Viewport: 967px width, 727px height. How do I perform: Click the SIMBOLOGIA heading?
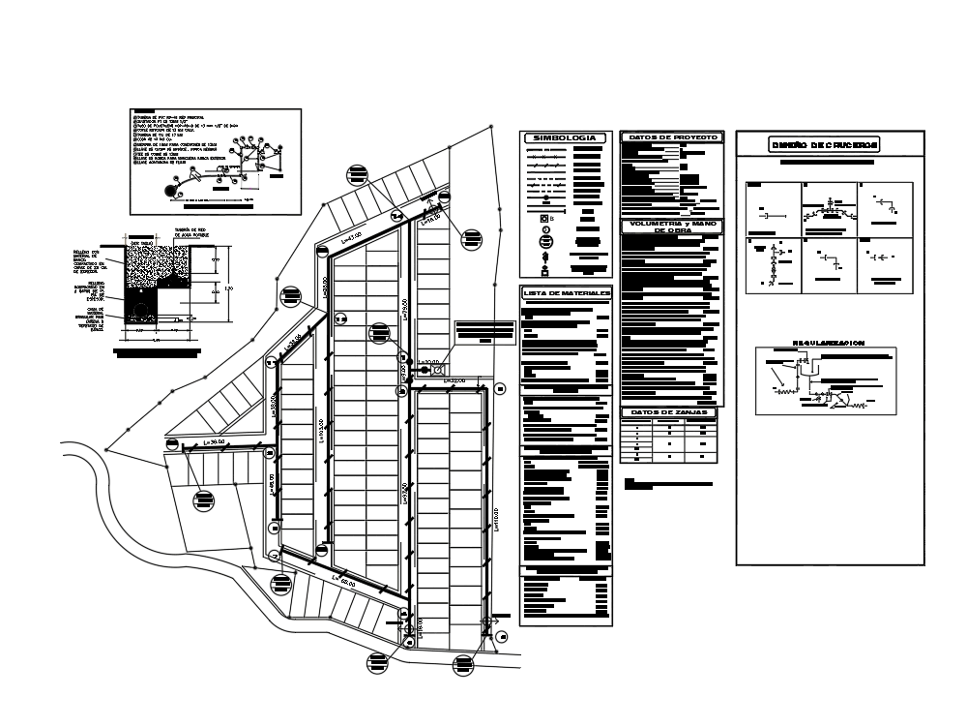(x=566, y=138)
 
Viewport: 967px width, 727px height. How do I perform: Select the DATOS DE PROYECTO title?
(x=673, y=137)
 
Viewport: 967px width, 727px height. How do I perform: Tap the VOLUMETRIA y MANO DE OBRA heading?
(x=673, y=227)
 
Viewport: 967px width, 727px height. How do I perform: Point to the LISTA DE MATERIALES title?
(x=567, y=292)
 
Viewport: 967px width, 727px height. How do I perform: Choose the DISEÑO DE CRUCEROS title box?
(x=824, y=145)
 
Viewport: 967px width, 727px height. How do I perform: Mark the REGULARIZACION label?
(x=828, y=342)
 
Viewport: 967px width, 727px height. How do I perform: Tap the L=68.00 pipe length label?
(x=344, y=581)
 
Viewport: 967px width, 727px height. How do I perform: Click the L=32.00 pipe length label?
(x=454, y=381)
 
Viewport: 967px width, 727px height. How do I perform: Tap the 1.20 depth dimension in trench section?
(x=228, y=288)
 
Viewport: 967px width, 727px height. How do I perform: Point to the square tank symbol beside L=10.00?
(x=438, y=370)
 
